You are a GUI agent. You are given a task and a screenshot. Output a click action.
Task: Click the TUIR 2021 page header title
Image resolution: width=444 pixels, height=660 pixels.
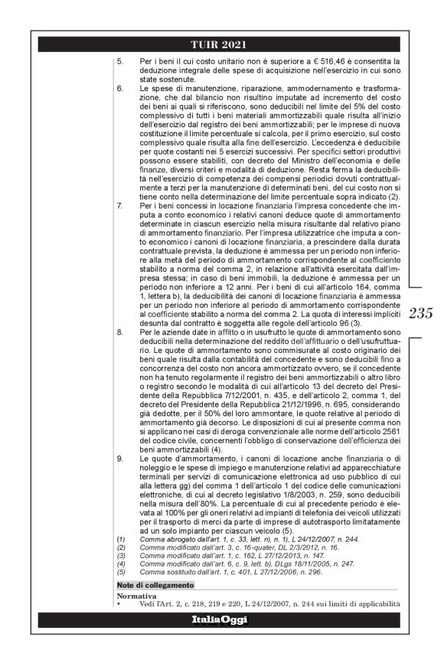221,43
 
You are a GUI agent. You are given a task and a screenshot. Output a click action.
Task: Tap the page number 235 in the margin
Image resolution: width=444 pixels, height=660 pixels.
420,313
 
